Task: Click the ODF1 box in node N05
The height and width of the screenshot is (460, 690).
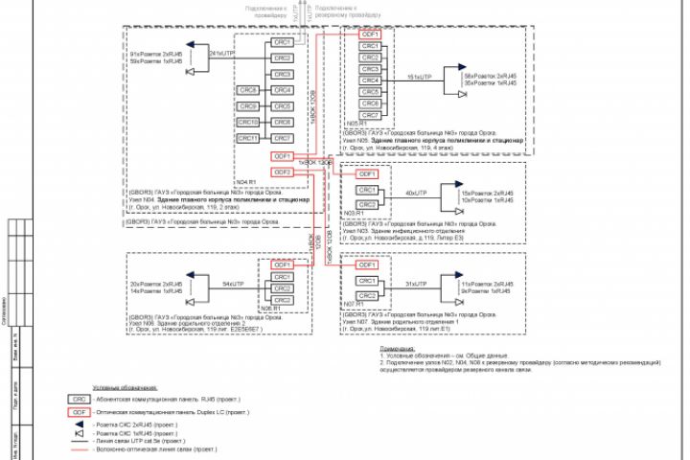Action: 370,34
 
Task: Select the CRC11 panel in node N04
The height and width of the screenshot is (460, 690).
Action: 248,138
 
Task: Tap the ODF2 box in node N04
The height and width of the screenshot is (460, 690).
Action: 282,172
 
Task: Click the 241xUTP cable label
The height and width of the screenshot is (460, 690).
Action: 221,55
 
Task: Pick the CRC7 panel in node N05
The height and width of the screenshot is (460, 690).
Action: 370,114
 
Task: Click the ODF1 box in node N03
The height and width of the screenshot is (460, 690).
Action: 368,174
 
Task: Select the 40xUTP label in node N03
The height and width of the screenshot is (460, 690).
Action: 415,193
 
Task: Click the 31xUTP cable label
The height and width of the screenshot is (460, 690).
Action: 415,285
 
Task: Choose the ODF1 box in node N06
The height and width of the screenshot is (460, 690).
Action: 282,264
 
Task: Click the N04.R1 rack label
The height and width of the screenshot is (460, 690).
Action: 246,180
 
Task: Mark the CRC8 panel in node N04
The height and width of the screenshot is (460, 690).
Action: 248,90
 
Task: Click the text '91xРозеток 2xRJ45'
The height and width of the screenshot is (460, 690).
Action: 156,55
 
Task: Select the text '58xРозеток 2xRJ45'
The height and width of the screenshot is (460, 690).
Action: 491,75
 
